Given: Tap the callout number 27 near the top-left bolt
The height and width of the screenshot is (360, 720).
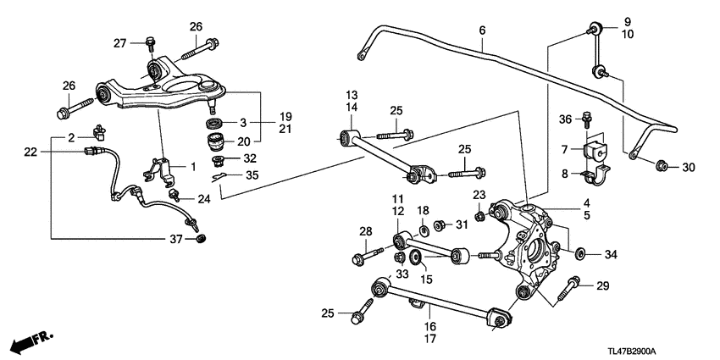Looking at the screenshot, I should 119,43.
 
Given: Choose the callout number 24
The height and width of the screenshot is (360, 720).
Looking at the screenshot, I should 202,200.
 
